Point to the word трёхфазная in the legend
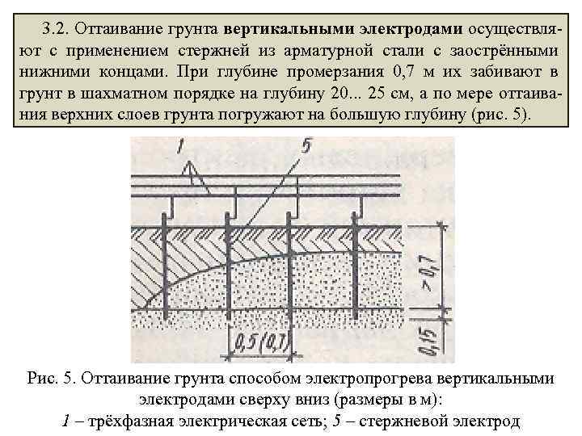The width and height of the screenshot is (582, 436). click(122, 420)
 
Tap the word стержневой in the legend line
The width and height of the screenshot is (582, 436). click(413, 420)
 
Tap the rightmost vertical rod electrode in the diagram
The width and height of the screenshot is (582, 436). click(352, 266)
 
